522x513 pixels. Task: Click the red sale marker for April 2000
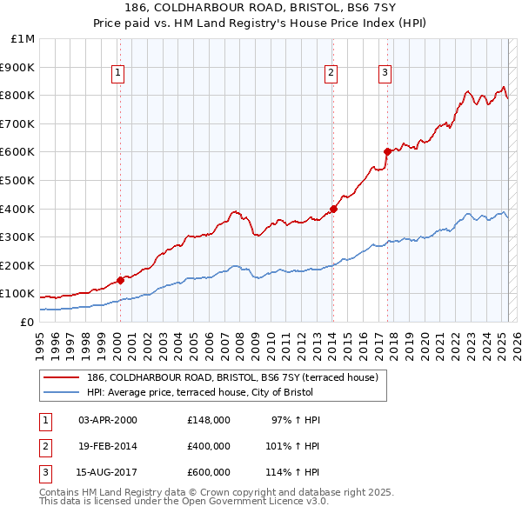pyautogui.click(x=120, y=280)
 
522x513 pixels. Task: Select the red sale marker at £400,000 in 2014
pyautogui.click(x=333, y=209)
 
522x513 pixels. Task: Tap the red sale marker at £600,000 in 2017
pyautogui.click(x=387, y=151)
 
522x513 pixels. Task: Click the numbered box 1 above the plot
pyautogui.click(x=117, y=74)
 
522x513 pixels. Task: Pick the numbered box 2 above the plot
pyautogui.click(x=331, y=74)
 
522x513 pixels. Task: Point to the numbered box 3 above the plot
pyautogui.click(x=385, y=74)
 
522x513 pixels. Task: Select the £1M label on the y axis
pyautogui.click(x=24, y=39)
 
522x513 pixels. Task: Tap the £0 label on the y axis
pyautogui.click(x=27, y=323)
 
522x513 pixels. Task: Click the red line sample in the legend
pyautogui.click(x=61, y=378)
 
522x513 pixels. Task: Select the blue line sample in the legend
pyautogui.click(x=61, y=392)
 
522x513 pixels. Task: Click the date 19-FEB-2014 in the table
pyautogui.click(x=108, y=446)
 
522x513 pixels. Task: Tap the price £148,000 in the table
pyautogui.click(x=208, y=420)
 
